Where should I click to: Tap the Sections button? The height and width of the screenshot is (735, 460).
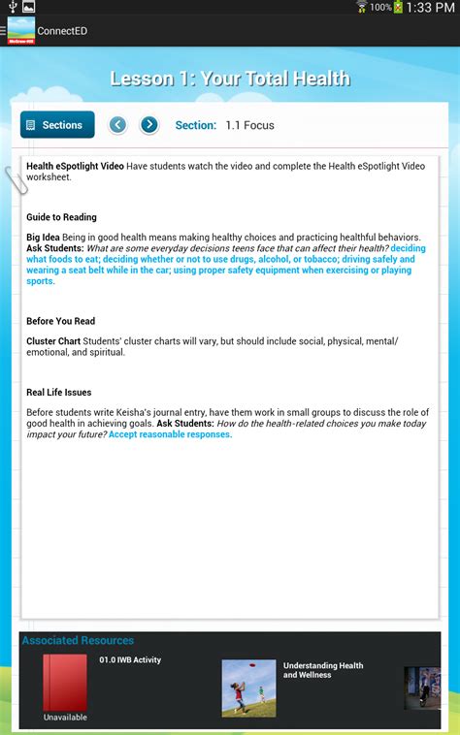[57, 125]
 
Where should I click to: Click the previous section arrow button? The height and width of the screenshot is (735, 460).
[117, 125]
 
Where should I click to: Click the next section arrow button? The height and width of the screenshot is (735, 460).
[148, 125]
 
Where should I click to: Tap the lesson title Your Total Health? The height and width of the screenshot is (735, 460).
[230, 79]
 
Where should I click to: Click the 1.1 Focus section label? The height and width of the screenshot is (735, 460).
[250, 125]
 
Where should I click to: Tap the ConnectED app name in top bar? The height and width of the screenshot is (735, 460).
[62, 31]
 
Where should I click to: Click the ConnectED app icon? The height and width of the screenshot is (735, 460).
[20, 30]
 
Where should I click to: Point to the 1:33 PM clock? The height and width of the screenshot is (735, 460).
[432, 8]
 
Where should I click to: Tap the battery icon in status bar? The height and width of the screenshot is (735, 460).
[397, 8]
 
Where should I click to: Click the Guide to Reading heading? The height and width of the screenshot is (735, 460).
[61, 217]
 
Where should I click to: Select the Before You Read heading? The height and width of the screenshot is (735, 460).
[60, 321]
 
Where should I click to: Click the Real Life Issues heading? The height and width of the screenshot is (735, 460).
[59, 393]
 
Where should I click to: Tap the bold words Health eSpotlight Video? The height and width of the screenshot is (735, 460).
[75, 167]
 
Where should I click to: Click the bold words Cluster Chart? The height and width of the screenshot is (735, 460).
[53, 341]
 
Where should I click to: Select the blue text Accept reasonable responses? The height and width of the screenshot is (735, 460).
[170, 434]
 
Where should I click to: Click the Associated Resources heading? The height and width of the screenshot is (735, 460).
[78, 640]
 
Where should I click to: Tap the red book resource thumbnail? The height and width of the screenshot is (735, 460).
[65, 683]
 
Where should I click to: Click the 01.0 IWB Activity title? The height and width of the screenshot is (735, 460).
[130, 660]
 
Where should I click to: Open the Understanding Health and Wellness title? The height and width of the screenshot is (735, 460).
[323, 670]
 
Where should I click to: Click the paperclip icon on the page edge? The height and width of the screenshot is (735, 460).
[15, 180]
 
